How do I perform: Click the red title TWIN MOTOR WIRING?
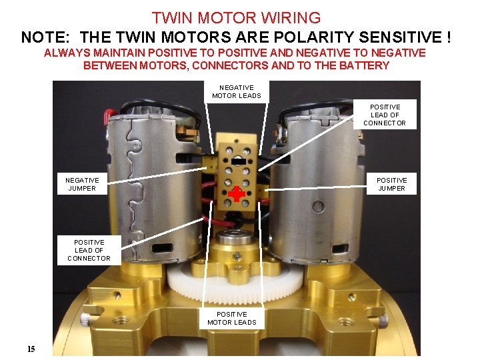click(x=236, y=17)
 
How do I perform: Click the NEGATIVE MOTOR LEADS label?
click(x=237, y=92)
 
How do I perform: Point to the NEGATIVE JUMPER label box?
click(x=82, y=184)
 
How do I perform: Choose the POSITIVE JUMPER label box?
click(x=391, y=184)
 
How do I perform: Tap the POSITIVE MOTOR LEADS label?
click(x=232, y=319)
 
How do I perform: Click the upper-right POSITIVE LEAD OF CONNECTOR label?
click(x=385, y=115)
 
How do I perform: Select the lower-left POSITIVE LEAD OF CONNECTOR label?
click(x=89, y=250)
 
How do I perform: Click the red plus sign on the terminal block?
click(x=237, y=194)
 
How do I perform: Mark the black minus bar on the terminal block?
click(x=237, y=161)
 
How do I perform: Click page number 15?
click(x=31, y=349)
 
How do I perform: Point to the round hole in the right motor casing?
click(x=318, y=206)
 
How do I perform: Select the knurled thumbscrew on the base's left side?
click(x=85, y=319)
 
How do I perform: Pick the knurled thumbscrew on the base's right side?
click(x=383, y=321)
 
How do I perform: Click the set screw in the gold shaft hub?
click(x=237, y=255)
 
